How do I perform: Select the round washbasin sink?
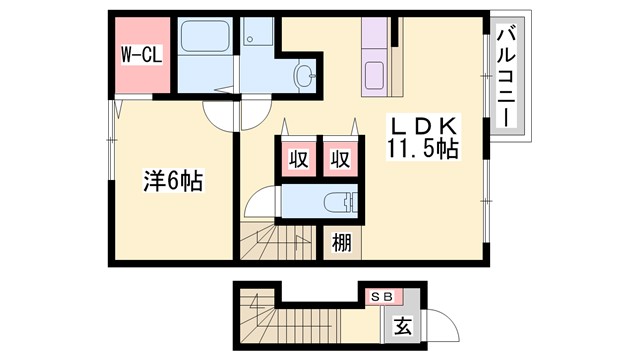[x=302, y=74]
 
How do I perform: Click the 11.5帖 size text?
[x=423, y=151]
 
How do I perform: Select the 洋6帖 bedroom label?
[x=173, y=182]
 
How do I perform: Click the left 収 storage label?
[x=298, y=158]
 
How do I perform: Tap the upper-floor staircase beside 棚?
[x=278, y=243]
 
